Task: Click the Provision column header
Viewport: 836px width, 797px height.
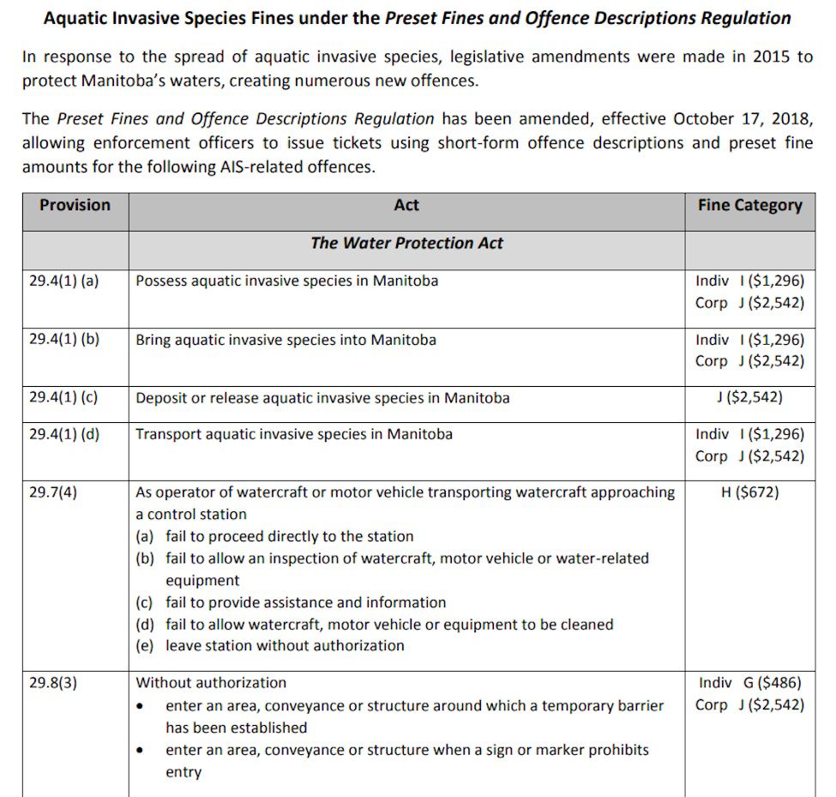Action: click(x=75, y=205)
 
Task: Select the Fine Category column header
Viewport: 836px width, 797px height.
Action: click(x=749, y=205)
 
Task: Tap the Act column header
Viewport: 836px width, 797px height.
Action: click(x=406, y=205)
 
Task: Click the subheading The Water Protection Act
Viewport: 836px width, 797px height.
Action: click(x=406, y=243)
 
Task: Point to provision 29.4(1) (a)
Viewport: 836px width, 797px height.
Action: click(x=64, y=281)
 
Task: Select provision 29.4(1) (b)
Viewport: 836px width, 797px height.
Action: click(x=64, y=339)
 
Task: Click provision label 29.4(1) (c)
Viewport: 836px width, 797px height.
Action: click(x=64, y=397)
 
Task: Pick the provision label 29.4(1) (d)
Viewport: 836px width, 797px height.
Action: click(x=64, y=433)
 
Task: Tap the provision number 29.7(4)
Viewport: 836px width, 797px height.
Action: click(x=53, y=492)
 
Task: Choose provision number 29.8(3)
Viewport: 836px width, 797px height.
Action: click(x=53, y=682)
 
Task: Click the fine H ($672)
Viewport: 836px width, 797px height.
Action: click(x=749, y=492)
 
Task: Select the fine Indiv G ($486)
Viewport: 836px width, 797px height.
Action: click(x=749, y=683)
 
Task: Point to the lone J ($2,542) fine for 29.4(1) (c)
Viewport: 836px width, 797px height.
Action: click(x=749, y=397)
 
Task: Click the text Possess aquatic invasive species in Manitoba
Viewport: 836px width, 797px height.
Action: click(x=286, y=281)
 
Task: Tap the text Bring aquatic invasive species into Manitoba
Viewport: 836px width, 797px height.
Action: click(x=286, y=340)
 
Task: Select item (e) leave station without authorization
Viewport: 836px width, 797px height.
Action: click(x=270, y=645)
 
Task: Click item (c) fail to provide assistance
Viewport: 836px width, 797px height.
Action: click(x=291, y=602)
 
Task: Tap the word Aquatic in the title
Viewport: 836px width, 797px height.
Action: click(x=76, y=17)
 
